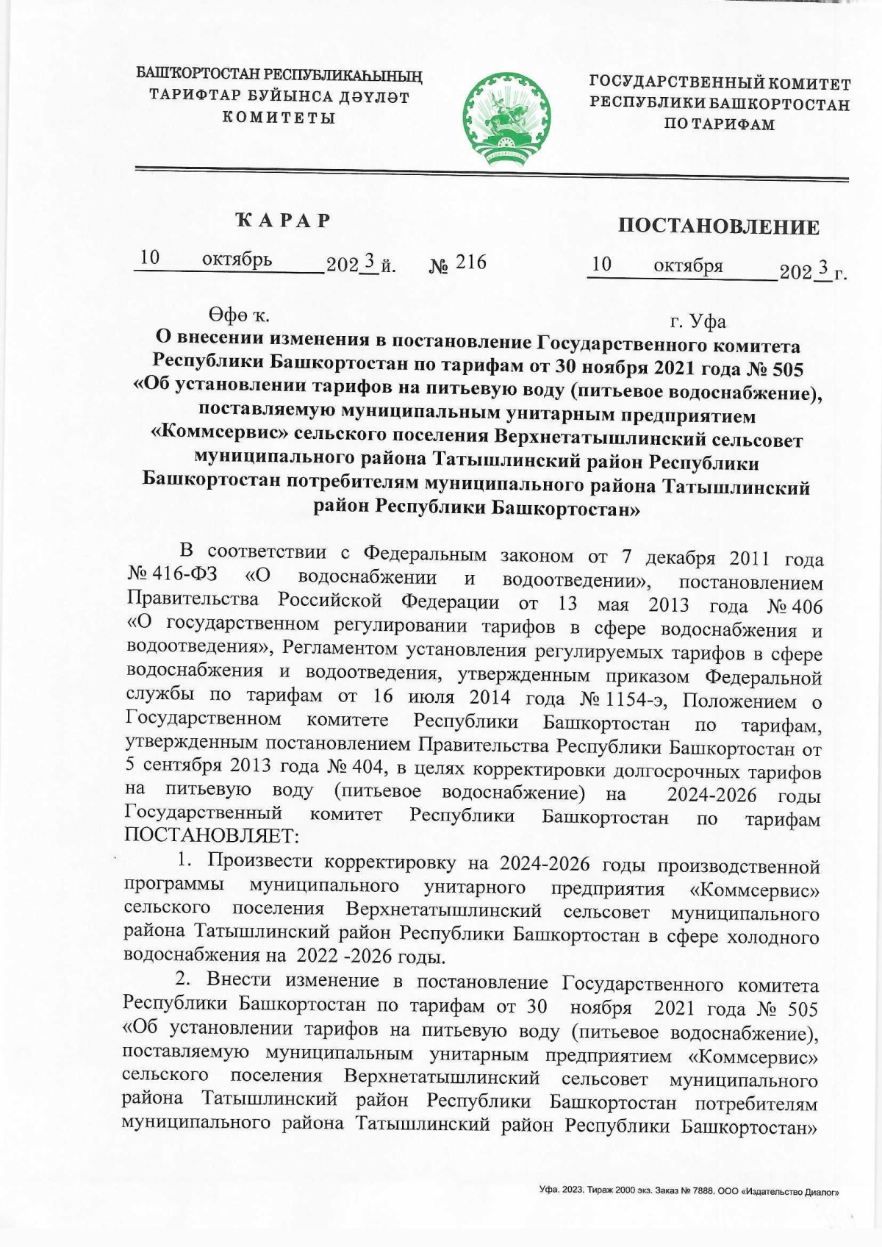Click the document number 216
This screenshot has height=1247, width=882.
click(x=471, y=262)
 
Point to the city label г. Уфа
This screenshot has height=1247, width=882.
click(x=698, y=321)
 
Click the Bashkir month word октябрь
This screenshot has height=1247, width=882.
click(x=237, y=260)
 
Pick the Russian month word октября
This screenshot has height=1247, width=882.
click(x=688, y=265)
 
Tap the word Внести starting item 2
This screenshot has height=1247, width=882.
click(x=240, y=981)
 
